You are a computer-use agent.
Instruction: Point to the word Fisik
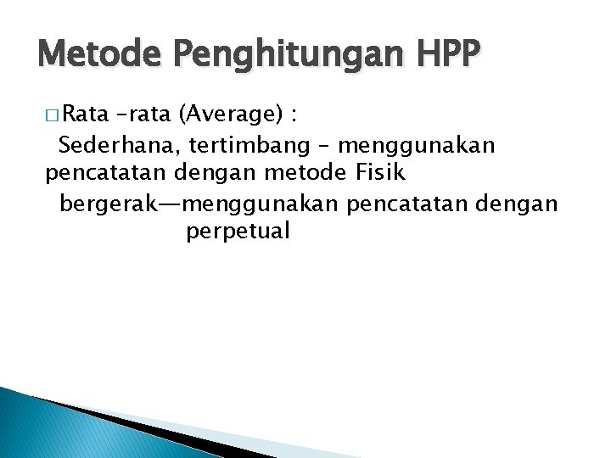[376, 173]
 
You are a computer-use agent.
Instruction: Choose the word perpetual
[238, 232]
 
